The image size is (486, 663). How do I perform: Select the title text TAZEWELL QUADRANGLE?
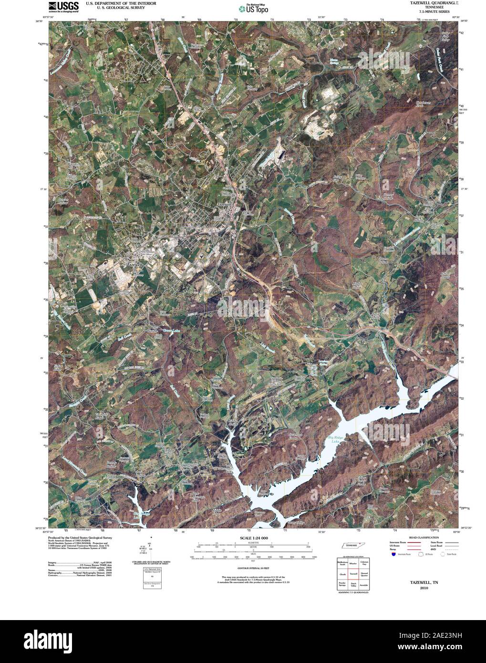click(428, 3)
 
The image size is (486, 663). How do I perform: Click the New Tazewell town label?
click(134, 262)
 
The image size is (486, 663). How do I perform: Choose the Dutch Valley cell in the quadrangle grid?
click(353, 585)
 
